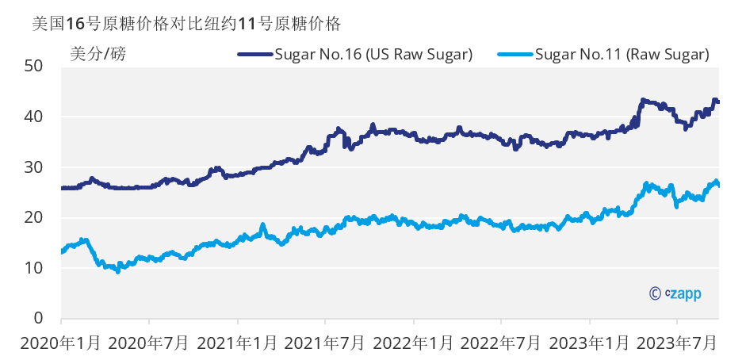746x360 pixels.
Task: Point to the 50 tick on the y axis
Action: coord(33,66)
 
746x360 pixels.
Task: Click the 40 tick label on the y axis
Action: coord(33,117)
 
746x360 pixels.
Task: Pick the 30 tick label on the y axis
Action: coord(33,167)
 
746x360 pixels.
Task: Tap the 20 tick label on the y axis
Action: coord(33,217)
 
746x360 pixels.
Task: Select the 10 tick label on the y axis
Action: coord(33,268)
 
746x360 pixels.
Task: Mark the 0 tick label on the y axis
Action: coord(37,319)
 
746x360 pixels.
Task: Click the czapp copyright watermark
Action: coord(675,293)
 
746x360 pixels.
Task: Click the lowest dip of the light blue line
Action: coord(118,271)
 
